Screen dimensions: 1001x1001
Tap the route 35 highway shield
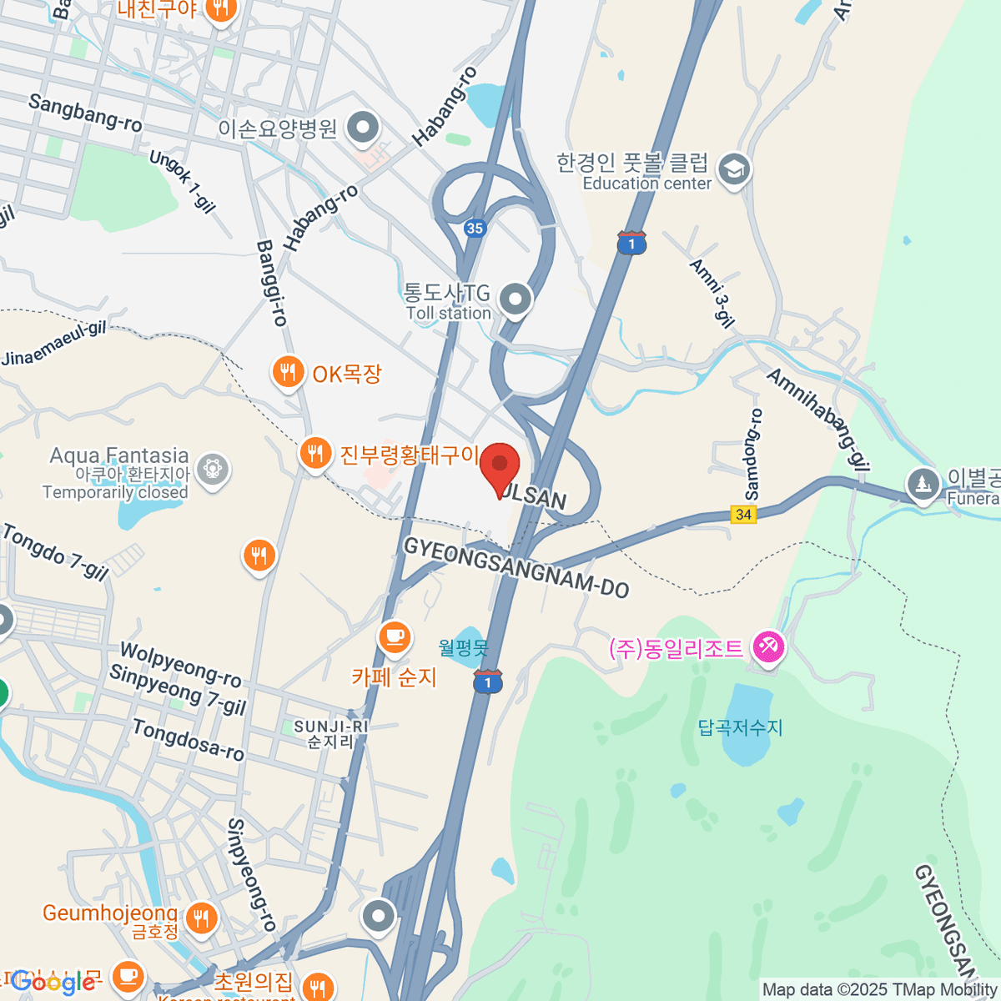point(475,228)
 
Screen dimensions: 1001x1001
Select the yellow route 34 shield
point(743,514)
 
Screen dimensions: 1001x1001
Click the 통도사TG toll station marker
point(516,299)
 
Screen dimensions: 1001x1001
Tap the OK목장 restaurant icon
point(288,372)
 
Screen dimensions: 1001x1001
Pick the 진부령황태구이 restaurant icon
point(314,454)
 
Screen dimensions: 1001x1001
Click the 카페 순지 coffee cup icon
point(394,638)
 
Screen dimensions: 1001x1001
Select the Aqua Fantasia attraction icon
point(213,467)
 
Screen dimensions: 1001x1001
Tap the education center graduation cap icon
point(734,170)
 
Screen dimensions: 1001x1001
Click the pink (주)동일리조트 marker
point(767,647)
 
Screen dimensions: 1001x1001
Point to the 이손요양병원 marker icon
point(363,128)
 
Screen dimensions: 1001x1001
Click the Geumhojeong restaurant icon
point(201,918)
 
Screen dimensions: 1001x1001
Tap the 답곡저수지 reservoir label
point(741,727)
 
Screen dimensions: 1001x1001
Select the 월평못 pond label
point(463,646)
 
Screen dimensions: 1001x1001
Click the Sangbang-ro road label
point(85,113)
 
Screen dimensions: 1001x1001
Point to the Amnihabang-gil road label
point(817,420)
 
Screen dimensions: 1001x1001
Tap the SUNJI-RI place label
point(330,727)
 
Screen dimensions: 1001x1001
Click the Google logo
point(52,982)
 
